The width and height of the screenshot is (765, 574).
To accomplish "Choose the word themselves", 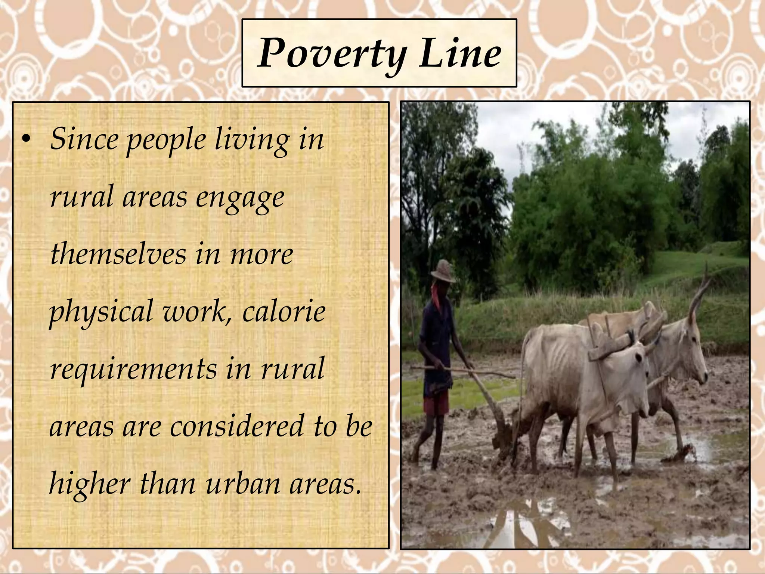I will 118,254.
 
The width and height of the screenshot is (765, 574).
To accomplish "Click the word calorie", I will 284,312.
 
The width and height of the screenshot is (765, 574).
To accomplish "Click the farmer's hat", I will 443,270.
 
